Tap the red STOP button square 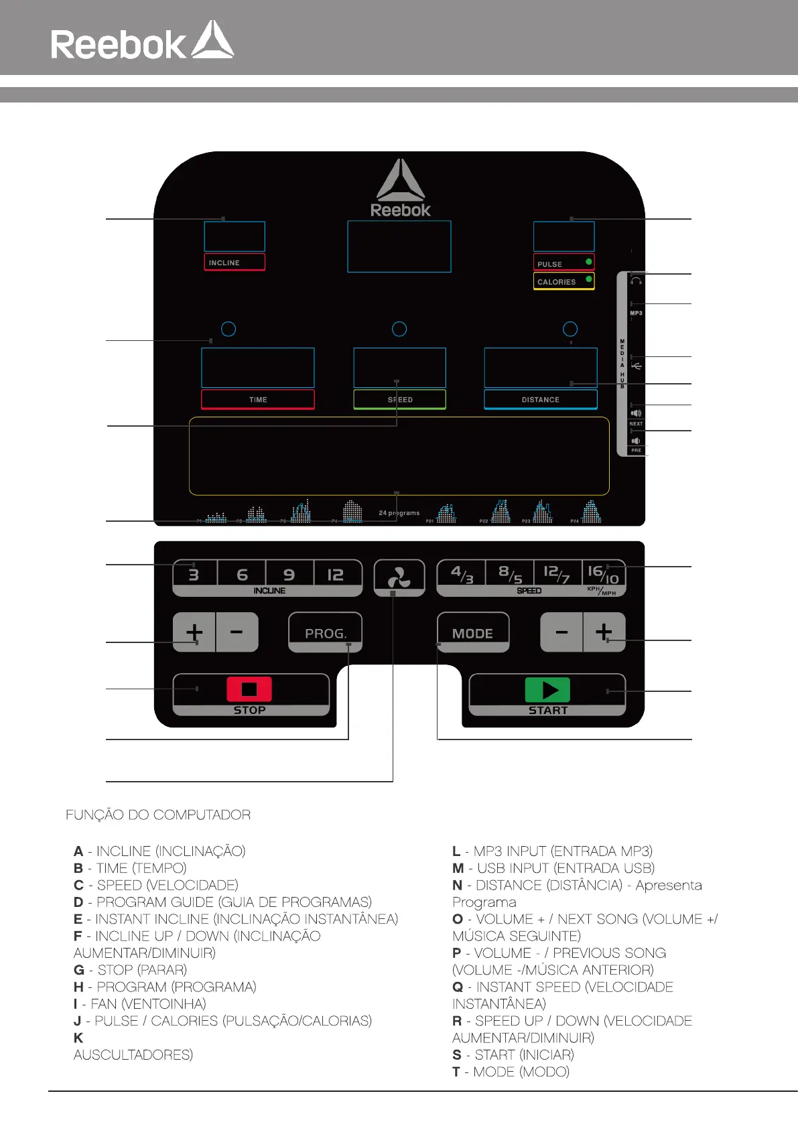point(249,689)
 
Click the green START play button point(547,690)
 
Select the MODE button point(472,633)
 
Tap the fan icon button point(399,577)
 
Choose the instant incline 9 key point(289,575)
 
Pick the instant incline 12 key point(336,575)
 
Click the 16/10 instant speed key point(602,574)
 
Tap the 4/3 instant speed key point(462,574)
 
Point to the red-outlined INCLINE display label point(234,263)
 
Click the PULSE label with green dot point(563,263)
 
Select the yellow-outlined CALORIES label point(563,281)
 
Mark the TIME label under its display point(258,400)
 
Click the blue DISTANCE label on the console point(540,400)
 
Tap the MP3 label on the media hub point(636,313)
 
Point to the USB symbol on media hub point(637,366)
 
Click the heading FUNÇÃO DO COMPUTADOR point(158,815)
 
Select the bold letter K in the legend point(78,1038)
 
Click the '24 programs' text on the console point(399,513)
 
